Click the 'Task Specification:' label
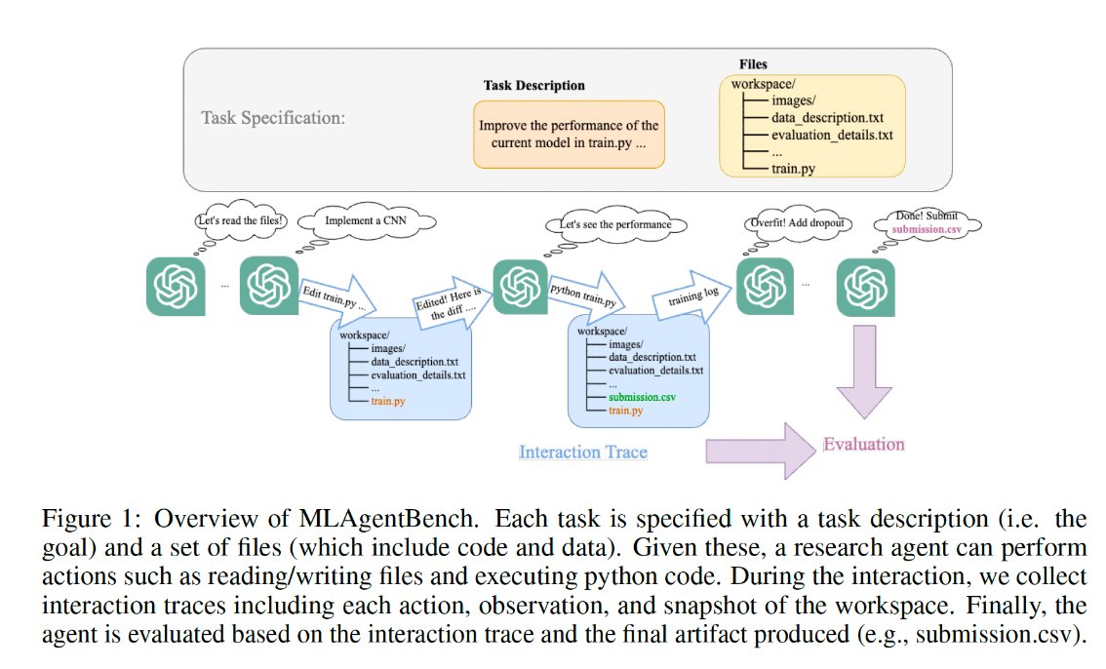coord(274,118)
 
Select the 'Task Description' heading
coord(533,85)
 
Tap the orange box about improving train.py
coord(569,135)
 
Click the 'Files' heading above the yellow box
coord(754,64)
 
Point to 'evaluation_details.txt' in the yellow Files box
coord(832,135)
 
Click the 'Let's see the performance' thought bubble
coord(614,224)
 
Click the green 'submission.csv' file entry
coord(642,398)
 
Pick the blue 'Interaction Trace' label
coord(582,452)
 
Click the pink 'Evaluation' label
coord(863,444)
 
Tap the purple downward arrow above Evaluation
coord(864,371)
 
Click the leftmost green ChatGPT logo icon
coord(176,285)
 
